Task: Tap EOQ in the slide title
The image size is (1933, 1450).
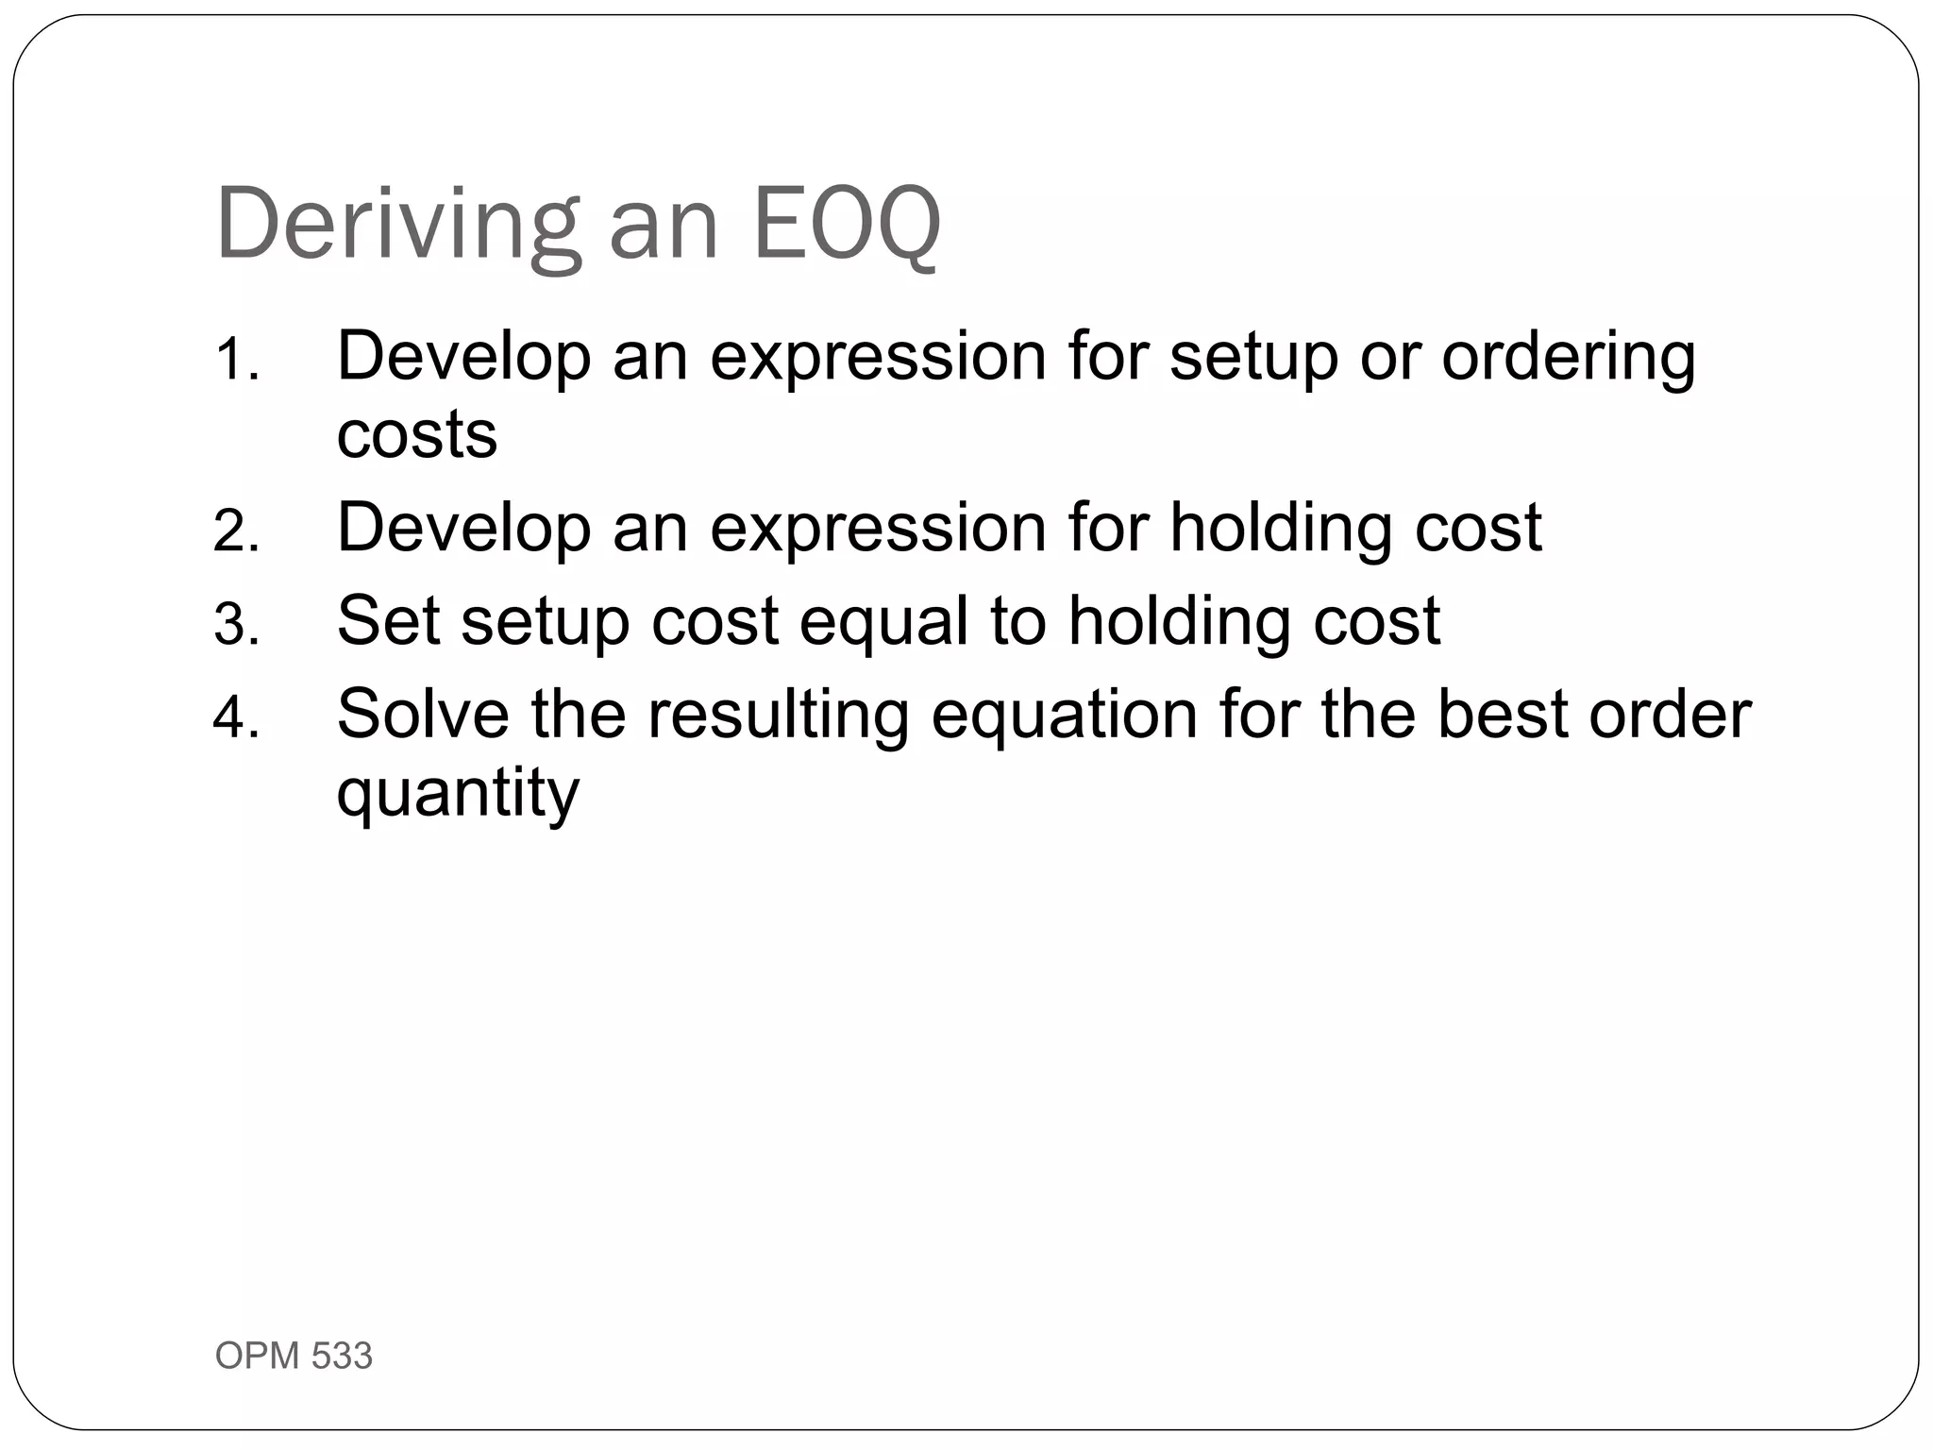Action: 847,225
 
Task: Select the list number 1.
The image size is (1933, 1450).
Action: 236,360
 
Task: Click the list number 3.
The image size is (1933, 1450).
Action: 236,624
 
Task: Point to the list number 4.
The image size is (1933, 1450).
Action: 236,717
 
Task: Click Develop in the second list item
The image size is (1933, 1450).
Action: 463,529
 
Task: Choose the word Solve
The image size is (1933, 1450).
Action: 423,714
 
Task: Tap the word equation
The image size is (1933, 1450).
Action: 1065,716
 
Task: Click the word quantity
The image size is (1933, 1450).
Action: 458,793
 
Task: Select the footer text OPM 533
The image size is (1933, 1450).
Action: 294,1356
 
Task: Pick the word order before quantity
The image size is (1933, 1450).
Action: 1670,714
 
